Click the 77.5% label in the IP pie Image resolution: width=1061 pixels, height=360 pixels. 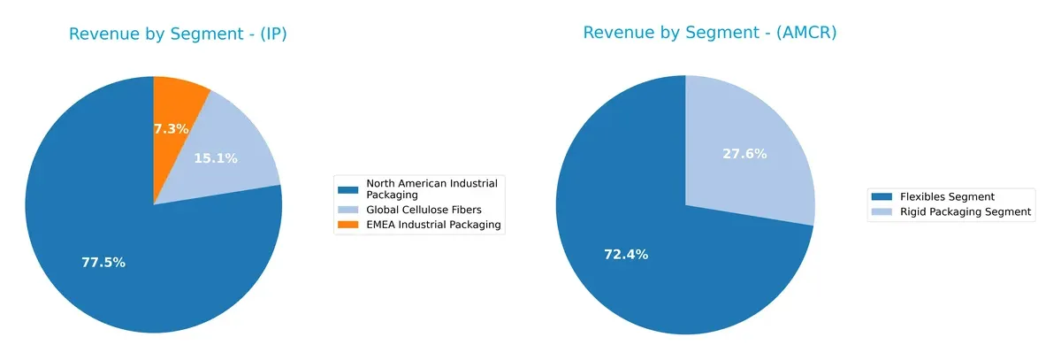tap(103, 263)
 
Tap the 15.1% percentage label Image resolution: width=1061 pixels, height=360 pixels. tap(216, 158)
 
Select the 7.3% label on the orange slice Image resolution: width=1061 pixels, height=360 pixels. tap(171, 129)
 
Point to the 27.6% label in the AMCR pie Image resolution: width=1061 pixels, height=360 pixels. tap(744, 154)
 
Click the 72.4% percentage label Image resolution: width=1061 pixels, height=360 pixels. tap(626, 255)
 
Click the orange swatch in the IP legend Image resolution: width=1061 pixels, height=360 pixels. tap(349, 225)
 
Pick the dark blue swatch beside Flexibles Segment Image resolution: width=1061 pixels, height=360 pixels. tap(882, 196)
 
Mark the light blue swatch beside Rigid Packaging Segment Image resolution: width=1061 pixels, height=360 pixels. tap(882, 212)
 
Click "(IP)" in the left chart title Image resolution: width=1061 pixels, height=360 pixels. tap(271, 34)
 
